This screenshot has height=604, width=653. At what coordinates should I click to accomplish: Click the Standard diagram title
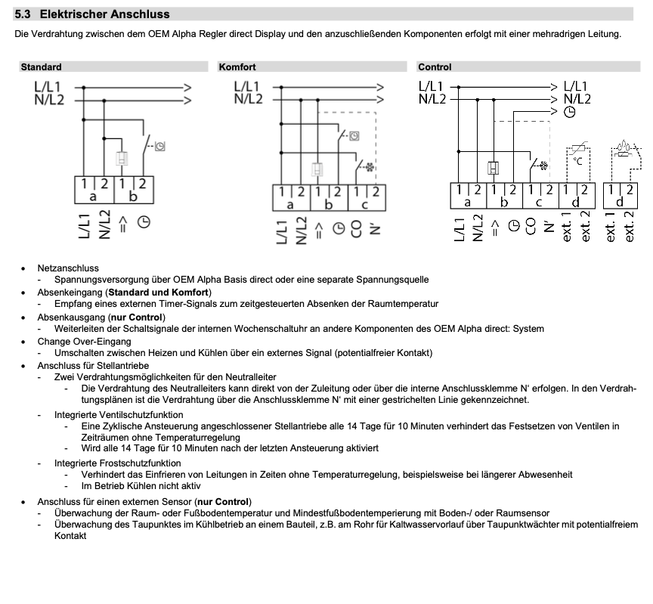[42, 67]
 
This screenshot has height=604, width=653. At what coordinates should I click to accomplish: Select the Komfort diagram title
[237, 67]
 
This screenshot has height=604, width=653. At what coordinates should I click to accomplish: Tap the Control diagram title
[435, 67]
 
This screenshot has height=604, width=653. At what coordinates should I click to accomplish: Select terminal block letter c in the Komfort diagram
[367, 203]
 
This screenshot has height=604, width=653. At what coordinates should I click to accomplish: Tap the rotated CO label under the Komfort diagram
[357, 230]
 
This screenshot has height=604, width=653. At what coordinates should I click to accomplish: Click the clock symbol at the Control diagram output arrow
[570, 111]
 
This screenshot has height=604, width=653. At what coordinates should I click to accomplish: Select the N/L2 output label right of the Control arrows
[577, 98]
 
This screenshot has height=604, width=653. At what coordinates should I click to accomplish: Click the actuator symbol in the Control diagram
[494, 169]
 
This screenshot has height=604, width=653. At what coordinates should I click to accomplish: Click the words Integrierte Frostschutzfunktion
[117, 463]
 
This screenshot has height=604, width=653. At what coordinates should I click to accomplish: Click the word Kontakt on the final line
[70, 535]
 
